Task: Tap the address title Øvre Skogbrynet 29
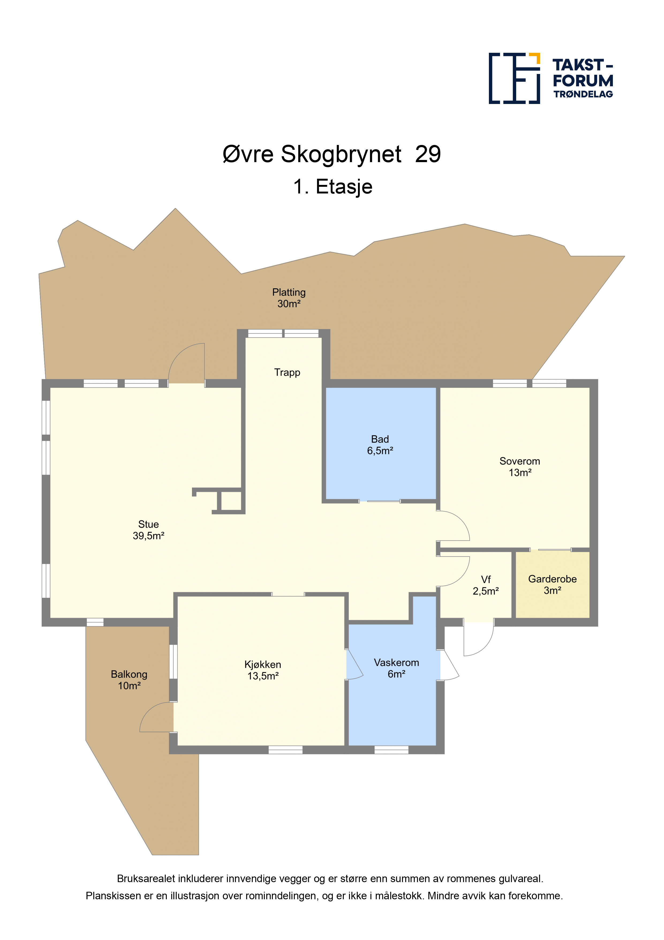pos(332,154)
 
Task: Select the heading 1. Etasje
pos(333,187)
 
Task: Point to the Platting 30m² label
pos(289,298)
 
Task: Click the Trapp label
pos(287,372)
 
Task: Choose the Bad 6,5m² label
pos(380,445)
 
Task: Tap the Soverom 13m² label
pos(520,467)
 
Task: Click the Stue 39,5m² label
pos(149,530)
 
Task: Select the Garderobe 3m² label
pos(552,585)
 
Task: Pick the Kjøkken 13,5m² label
pos(263,670)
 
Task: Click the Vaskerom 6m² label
pos(397,668)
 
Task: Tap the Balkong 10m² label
pos(129,680)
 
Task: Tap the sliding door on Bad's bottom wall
pos(383,501)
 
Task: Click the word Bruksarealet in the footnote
pos(146,879)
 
